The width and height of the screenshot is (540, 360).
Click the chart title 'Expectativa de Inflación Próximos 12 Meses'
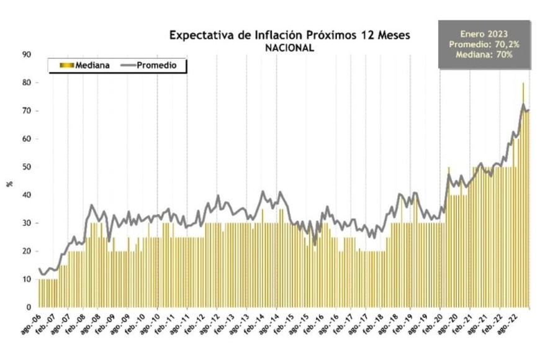point(290,35)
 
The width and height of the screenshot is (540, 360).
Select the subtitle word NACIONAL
point(290,47)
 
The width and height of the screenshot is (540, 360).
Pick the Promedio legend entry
point(153,65)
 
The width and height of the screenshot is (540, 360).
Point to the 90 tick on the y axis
point(27,55)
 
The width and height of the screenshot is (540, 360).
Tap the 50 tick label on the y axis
point(27,167)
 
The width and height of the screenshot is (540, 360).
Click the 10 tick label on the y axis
point(27,279)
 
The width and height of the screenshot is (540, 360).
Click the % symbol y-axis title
point(9,183)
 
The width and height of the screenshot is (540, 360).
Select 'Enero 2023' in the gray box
point(484,34)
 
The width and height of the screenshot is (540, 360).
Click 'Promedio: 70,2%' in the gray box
point(484,45)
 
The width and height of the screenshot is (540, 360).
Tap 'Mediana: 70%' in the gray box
point(484,55)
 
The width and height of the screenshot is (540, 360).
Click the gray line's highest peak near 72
point(523,105)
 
